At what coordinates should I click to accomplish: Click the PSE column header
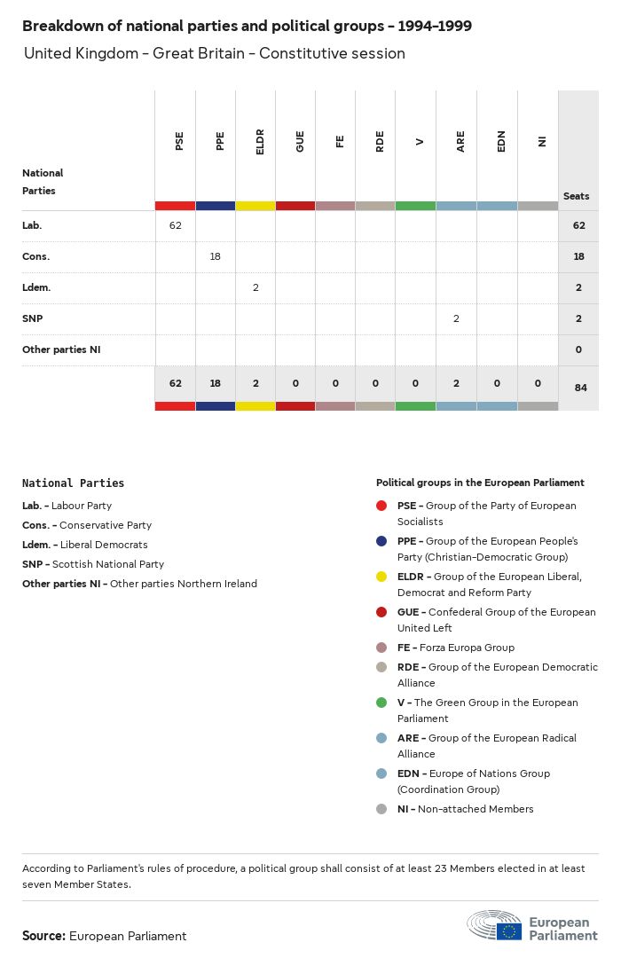coord(180,141)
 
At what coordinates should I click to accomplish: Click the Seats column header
coord(576,196)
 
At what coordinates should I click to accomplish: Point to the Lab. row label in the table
coord(32,225)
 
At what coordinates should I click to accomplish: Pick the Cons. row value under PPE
coord(215,256)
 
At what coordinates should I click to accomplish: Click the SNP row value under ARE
coord(456,318)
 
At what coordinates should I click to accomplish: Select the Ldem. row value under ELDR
coord(255,287)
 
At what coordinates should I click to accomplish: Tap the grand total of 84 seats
coord(580,388)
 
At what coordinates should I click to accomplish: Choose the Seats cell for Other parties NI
coord(578,349)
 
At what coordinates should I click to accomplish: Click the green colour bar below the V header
coord(415,206)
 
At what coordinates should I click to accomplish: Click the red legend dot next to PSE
coord(381,506)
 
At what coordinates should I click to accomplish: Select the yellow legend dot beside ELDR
coord(381,577)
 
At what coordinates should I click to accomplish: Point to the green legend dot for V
coord(381,703)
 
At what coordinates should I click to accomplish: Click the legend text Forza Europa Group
coord(469,648)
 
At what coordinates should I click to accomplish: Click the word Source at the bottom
coord(43,936)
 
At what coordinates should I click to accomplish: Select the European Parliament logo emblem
coord(495,924)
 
